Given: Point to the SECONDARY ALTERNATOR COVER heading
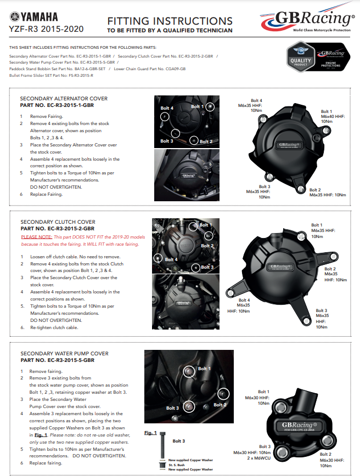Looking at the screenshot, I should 64,99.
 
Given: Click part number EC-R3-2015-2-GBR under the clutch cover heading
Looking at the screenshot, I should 57,228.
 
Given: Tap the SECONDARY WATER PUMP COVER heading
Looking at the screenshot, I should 65,354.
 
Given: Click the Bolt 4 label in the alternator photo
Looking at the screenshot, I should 166,109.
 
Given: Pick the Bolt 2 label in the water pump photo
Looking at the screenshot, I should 220,405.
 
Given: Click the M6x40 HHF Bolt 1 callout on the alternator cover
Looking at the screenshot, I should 332,116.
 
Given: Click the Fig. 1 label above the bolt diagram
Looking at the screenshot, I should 150,433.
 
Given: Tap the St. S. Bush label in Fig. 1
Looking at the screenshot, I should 176,464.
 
